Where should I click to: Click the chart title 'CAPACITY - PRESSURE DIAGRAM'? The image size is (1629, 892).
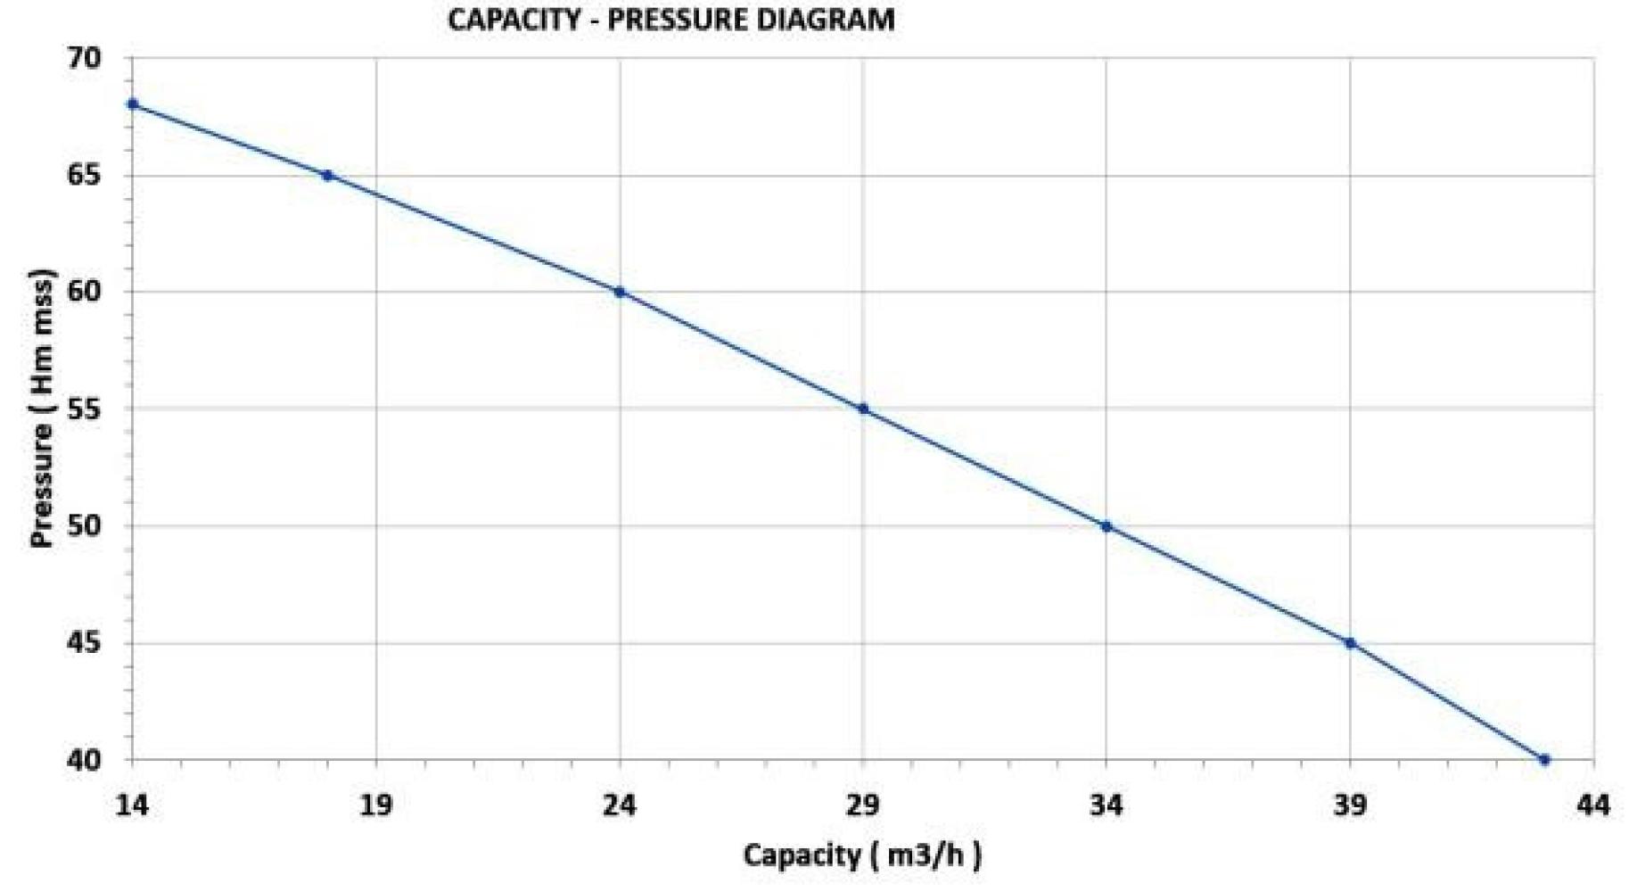tap(671, 20)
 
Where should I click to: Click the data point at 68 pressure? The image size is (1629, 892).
tap(133, 104)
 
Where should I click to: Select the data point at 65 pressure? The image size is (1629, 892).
tap(327, 176)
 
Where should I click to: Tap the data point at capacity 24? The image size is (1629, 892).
tap(620, 292)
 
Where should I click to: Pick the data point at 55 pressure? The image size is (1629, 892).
tap(863, 409)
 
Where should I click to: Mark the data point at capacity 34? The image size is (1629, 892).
tap(1107, 526)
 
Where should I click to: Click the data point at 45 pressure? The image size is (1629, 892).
tap(1350, 643)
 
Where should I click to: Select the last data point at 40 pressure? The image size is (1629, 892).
tap(1545, 760)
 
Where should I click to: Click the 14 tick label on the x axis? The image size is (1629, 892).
tap(132, 805)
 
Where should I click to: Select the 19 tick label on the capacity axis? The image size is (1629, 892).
tap(375, 805)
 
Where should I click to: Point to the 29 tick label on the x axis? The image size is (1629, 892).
tap(863, 805)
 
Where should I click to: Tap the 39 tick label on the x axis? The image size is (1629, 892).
tap(1350, 805)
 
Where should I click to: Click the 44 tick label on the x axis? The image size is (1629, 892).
tap(1593, 805)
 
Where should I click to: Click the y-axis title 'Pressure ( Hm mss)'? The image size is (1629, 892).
tap(42, 408)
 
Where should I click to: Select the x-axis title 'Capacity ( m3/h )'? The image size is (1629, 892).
tap(862, 856)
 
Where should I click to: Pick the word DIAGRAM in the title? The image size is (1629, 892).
tap(826, 20)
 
